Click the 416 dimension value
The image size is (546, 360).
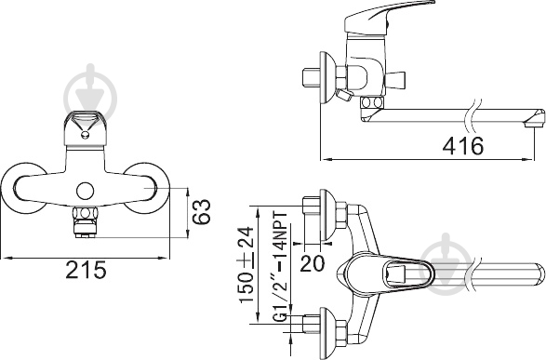click(x=463, y=145)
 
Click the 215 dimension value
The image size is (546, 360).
click(x=86, y=270)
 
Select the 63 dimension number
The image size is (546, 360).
click(x=201, y=212)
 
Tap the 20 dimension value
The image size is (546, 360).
click(x=312, y=263)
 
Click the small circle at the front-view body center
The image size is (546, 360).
click(x=86, y=191)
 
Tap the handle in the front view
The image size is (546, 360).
click(x=85, y=129)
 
